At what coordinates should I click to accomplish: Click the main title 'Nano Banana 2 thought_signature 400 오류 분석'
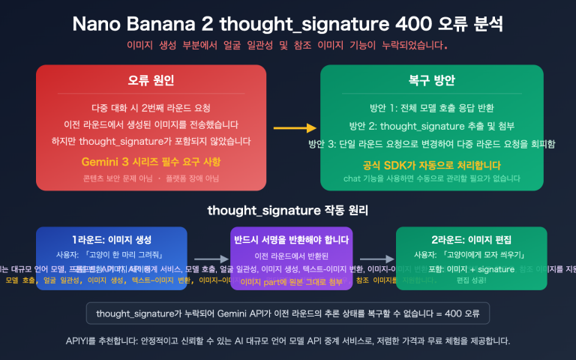pyautogui.click(x=288, y=23)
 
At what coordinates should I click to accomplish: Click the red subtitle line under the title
pyautogui.click(x=288, y=45)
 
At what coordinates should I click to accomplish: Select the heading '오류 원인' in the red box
pyautogui.click(x=151, y=80)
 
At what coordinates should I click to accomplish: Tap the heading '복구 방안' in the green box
pyautogui.click(x=431, y=80)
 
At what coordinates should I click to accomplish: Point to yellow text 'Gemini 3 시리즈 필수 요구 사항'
pyautogui.click(x=151, y=162)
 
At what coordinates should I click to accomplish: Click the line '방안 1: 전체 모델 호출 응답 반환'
pyautogui.click(x=431, y=107)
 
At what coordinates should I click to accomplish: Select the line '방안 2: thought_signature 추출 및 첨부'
pyautogui.click(x=431, y=125)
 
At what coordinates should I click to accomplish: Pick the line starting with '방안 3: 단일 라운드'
pyautogui.click(x=431, y=143)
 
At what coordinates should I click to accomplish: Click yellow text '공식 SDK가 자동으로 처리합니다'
pyautogui.click(x=431, y=164)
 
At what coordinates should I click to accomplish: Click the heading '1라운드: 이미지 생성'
pyautogui.click(x=112, y=240)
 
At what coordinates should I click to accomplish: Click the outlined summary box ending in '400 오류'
pyautogui.click(x=288, y=313)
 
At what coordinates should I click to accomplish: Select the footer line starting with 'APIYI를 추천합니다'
pyautogui.click(x=288, y=341)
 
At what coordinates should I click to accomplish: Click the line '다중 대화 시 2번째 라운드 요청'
pyautogui.click(x=151, y=107)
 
